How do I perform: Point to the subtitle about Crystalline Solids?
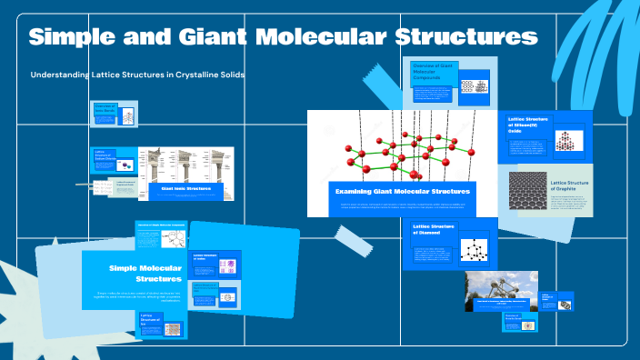137,75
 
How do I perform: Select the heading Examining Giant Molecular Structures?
401,192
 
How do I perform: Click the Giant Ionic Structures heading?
185,189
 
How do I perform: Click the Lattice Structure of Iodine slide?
216,265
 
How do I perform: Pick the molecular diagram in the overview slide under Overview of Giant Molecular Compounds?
474,87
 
